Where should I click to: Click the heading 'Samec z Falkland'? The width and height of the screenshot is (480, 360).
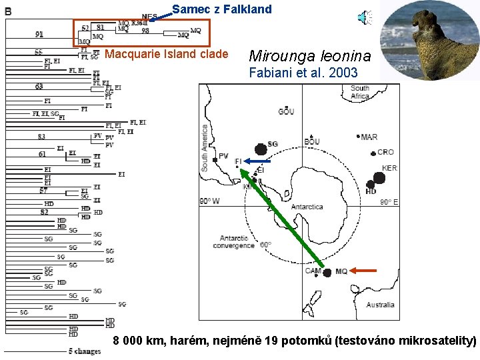[222, 9]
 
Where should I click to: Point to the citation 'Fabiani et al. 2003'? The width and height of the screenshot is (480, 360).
[303, 73]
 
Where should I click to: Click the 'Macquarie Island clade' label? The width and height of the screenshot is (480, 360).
[167, 53]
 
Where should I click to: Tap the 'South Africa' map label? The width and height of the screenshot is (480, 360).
[359, 92]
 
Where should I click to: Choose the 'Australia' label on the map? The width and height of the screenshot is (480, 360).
[380, 305]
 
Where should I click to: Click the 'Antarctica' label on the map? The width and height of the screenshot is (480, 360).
[307, 207]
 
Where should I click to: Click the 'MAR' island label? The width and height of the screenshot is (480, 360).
[369, 137]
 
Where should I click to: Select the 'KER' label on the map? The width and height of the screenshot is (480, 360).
[389, 168]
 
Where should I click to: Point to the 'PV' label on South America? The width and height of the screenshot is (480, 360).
[223, 157]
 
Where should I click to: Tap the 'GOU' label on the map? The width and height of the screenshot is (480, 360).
[286, 111]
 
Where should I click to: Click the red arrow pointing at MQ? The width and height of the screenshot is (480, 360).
[364, 271]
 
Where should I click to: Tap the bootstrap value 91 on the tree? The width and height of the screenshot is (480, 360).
[39, 34]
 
